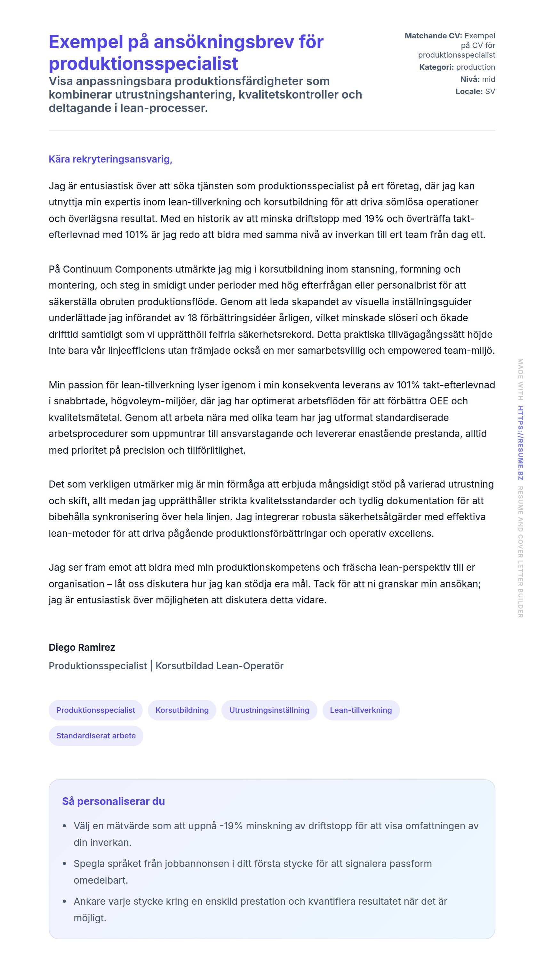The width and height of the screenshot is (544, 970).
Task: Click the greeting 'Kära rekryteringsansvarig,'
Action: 110,159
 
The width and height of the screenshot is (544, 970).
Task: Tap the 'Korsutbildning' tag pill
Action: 182,710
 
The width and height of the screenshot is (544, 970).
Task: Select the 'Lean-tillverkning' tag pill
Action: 361,710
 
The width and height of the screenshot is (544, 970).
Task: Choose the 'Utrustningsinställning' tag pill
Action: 269,710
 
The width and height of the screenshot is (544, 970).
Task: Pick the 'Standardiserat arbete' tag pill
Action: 96,735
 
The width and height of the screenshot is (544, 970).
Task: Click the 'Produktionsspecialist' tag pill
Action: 95,710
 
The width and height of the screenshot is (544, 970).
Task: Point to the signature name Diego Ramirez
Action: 82,647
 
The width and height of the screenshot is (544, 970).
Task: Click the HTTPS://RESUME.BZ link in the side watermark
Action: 520,443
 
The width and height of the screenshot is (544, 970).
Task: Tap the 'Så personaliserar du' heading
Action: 113,801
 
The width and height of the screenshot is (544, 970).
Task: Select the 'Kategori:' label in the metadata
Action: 436,67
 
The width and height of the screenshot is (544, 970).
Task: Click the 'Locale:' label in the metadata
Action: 469,91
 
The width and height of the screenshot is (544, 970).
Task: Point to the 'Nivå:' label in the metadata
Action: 470,79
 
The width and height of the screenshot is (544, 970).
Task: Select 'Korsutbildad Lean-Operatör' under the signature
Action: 219,666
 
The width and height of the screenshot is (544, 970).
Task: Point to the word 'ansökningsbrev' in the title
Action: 224,42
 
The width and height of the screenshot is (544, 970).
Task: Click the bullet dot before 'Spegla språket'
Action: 64,864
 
